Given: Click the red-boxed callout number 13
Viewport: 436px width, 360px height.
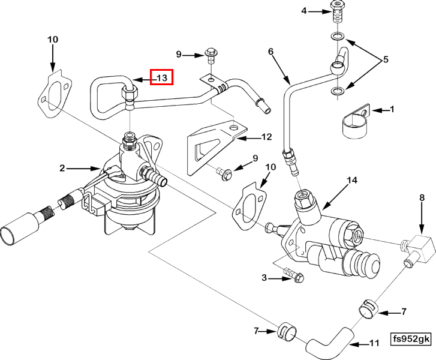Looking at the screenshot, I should (161, 77).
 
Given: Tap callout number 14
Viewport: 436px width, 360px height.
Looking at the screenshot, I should (351, 180).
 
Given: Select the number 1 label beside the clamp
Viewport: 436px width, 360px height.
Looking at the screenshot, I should (392, 109).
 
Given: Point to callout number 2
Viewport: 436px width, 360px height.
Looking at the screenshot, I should (62, 169).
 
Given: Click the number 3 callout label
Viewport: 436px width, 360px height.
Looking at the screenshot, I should (264, 278).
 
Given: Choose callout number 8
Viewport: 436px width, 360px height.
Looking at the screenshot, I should (422, 197).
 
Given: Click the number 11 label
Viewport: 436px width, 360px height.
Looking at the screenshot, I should (374, 344).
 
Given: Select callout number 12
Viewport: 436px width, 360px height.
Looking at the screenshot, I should (267, 137).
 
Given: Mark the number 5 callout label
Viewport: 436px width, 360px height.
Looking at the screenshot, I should (386, 61).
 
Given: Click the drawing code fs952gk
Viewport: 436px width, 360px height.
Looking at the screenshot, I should (411, 339).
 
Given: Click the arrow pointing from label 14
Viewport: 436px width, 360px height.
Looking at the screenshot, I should (333, 196).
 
